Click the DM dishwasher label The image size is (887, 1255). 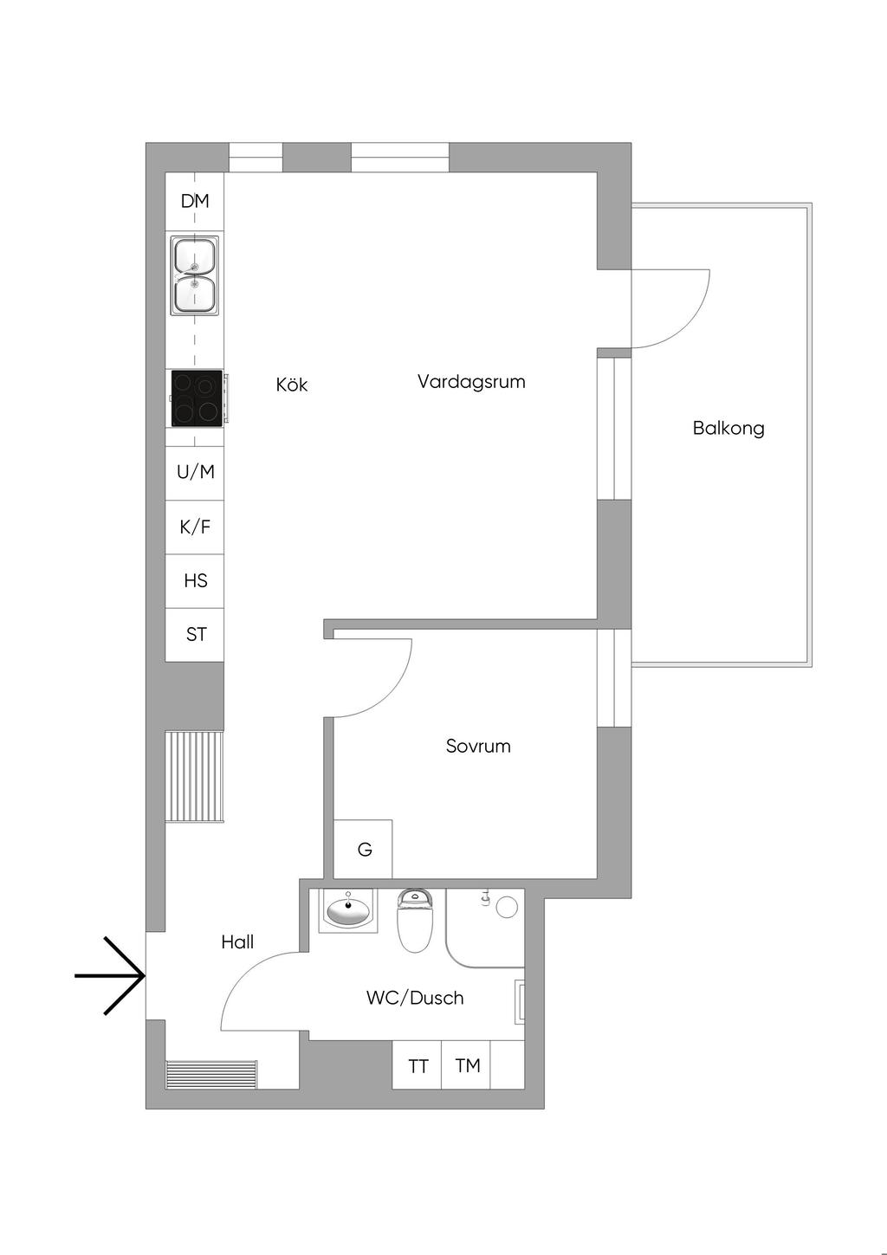coord(195,201)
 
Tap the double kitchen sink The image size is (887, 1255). coord(195,275)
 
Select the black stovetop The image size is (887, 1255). coord(197,398)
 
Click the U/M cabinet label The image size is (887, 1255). coord(195,472)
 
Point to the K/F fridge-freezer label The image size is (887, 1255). coord(195,527)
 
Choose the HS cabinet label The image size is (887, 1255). coord(195,580)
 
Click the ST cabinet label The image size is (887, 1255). coord(196,634)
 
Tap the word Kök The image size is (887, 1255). coord(292,384)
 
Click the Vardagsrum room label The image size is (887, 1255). coord(471,381)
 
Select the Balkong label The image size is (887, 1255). coord(728,428)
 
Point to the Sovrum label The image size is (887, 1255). coord(478,746)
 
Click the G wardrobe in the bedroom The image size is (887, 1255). coord(365,850)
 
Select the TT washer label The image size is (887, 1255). coord(418,1065)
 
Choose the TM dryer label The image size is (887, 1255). coord(467,1065)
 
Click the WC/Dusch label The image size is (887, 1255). coord(415,998)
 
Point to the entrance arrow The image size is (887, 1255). coord(111,975)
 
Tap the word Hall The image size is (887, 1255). coord(237,941)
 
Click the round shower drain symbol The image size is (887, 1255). coord(507,907)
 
